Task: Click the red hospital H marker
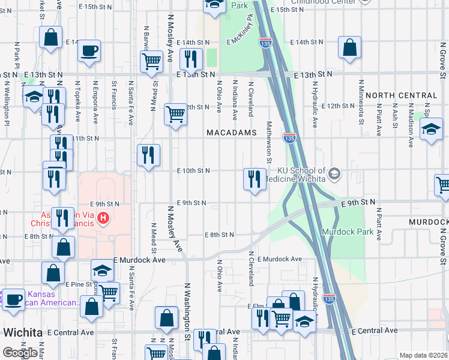103,217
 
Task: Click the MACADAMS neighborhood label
231,132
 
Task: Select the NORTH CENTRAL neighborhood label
401,95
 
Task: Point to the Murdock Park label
348,232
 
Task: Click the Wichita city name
23,332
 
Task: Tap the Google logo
19,352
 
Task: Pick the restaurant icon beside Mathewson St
255,178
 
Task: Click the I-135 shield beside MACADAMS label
289,139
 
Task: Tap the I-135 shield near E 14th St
265,42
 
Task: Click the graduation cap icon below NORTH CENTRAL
430,129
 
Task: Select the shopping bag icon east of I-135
349,47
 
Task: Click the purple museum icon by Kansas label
13,298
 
